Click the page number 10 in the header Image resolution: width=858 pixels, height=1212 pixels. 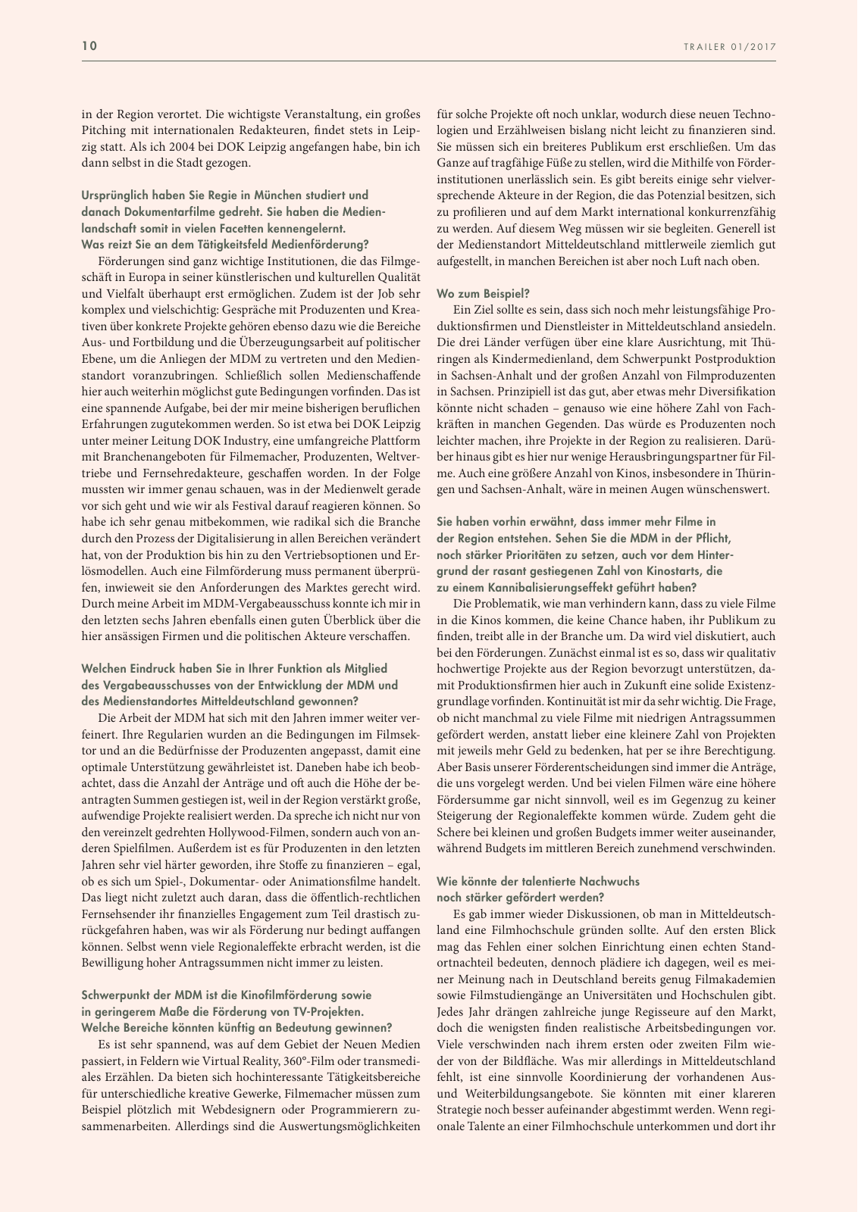89,46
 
